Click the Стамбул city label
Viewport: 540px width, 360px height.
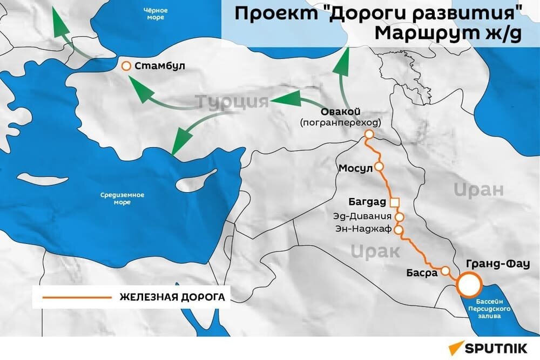coord(160,66)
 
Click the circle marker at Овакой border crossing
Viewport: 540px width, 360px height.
coord(369,134)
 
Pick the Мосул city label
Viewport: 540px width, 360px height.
coord(356,168)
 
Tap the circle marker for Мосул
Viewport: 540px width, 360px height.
coord(379,167)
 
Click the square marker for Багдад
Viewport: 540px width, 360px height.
coord(395,202)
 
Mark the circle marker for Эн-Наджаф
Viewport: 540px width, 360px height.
coord(399,230)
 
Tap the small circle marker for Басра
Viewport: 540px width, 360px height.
coord(446,270)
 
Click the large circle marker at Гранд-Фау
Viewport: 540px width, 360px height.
coord(469,284)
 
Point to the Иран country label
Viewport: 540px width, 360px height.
coord(478,190)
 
